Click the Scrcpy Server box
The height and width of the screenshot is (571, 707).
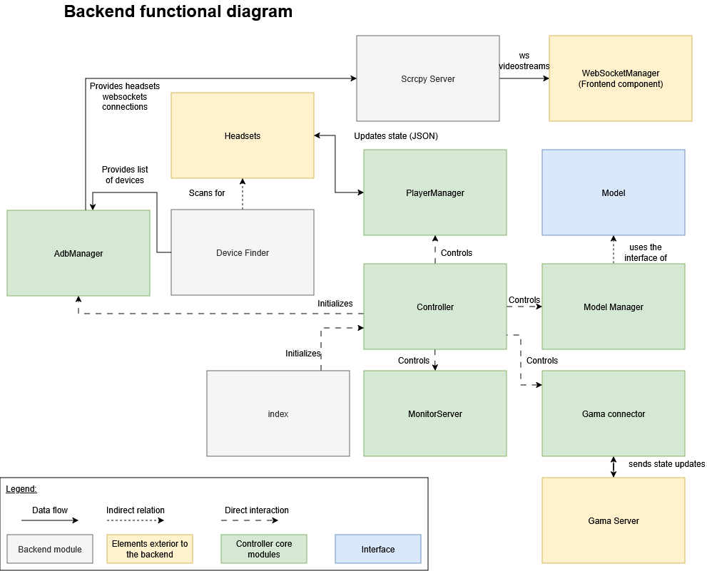(x=427, y=78)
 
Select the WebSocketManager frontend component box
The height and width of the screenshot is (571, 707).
(x=620, y=78)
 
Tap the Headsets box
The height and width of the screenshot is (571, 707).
(x=242, y=135)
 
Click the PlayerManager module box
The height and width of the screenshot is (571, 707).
(x=434, y=192)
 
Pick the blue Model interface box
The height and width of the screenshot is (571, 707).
(x=613, y=192)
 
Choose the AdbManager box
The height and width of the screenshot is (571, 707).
(x=78, y=253)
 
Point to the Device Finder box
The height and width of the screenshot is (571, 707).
(x=242, y=252)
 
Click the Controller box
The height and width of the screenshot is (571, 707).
(x=434, y=307)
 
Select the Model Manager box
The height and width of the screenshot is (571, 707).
(x=613, y=307)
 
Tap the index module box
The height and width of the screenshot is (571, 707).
(x=278, y=413)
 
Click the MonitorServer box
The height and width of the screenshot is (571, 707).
(x=434, y=413)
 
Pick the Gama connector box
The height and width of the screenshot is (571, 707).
(x=613, y=413)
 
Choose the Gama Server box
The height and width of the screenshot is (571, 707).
(x=613, y=520)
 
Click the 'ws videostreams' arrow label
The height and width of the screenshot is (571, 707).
(x=524, y=61)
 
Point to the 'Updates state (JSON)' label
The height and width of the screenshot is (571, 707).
(x=396, y=135)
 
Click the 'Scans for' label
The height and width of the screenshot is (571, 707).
(x=207, y=192)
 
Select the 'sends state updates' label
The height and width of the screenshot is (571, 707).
(x=666, y=464)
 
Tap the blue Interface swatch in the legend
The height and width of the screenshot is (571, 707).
(x=378, y=549)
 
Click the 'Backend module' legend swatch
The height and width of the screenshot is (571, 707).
(x=50, y=549)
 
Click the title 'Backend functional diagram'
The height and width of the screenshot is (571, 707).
(x=178, y=11)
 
